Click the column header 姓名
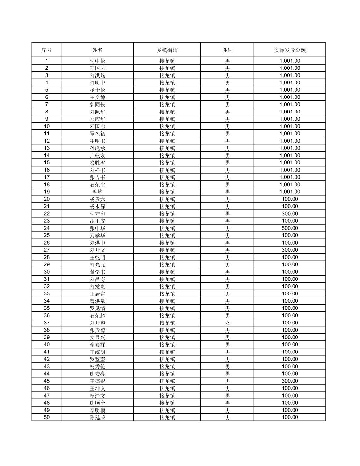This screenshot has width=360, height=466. [97, 50]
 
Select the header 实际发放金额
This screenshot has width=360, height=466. [290, 50]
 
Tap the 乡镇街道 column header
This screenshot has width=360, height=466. [167, 50]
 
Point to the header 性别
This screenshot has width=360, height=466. [227, 50]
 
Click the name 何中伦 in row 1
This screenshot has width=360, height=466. [97, 61]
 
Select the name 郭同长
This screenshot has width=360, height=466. [97, 105]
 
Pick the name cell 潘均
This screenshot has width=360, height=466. [97, 192]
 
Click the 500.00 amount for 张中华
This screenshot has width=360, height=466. [290, 228]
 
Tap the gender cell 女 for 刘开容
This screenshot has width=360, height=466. [227, 323]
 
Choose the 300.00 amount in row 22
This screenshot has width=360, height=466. [290, 214]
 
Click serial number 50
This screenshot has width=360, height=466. [47, 417]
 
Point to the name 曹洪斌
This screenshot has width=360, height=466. [97, 301]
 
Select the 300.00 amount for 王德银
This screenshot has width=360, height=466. [290, 381]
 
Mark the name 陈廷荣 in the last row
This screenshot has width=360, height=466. [97, 417]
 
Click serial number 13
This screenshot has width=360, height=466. [47, 148]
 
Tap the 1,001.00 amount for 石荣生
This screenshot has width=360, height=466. [290, 185]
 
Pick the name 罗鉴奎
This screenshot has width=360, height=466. [97, 359]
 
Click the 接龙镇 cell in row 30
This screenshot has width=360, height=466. [167, 272]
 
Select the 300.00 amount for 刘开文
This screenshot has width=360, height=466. [290, 250]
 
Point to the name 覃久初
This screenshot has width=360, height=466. [97, 134]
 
